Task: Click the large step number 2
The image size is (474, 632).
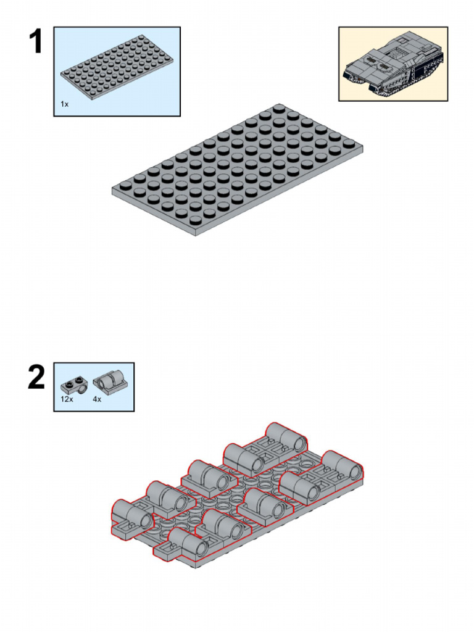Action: pyautogui.click(x=36, y=377)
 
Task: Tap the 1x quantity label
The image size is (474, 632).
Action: pyautogui.click(x=64, y=104)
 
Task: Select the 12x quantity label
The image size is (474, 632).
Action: pyautogui.click(x=67, y=399)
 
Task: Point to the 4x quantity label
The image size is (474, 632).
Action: pyautogui.click(x=97, y=399)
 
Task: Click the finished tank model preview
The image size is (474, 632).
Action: pyautogui.click(x=393, y=64)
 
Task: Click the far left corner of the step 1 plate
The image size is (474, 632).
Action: pyautogui.click(x=112, y=188)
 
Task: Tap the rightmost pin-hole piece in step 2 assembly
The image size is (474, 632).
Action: pyautogui.click(x=343, y=466)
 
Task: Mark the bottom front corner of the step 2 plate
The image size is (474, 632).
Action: pyautogui.click(x=196, y=566)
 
